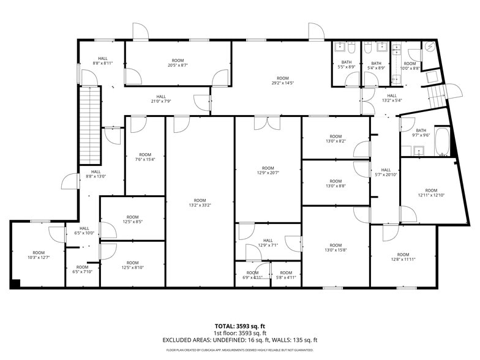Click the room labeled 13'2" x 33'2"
tap(200, 203)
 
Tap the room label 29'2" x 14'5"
tap(282, 81)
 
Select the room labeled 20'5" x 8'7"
tap(178, 63)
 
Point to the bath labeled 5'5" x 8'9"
tap(347, 65)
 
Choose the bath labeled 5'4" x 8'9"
tap(376, 65)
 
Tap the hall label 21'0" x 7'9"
tap(160, 99)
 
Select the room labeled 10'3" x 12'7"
tap(39, 255)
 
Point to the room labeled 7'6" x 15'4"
tap(144, 157)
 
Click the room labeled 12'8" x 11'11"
tap(402, 257)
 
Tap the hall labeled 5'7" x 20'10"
tap(385, 173)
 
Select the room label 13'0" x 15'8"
tap(335, 248)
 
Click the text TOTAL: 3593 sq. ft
tap(239, 326)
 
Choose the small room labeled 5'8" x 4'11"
tap(285, 275)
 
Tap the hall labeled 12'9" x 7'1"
tap(268, 243)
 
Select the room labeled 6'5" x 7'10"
tap(82, 270)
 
